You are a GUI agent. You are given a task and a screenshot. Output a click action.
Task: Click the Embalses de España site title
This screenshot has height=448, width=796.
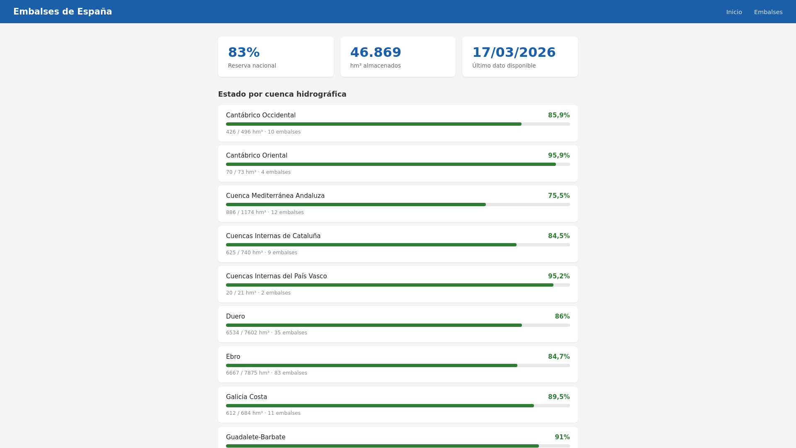pos(63,12)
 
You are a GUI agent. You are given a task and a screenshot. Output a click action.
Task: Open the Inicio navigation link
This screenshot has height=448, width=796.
pos(734,12)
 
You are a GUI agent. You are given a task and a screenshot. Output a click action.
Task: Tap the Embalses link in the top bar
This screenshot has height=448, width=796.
pos(768,12)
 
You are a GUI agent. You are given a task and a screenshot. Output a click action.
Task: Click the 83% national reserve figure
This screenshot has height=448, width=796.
pos(244,52)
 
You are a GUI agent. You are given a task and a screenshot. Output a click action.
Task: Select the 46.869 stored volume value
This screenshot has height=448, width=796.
pos(375,52)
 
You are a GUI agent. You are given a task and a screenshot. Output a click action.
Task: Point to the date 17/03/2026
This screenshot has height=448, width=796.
pos(513,52)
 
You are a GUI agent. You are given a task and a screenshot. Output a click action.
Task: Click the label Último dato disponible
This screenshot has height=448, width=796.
pos(504,66)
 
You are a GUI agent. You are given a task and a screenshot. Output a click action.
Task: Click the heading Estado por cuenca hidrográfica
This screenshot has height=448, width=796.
pos(282,94)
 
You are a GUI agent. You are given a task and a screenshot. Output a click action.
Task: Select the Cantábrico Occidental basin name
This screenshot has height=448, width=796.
pos(260,115)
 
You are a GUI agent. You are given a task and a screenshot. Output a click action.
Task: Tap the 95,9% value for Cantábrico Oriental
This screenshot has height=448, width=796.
pos(558,156)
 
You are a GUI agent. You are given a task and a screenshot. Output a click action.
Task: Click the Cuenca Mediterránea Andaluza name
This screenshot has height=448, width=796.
pos(275,196)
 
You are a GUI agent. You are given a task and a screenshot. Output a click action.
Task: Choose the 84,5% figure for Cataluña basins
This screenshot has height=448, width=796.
pos(558,236)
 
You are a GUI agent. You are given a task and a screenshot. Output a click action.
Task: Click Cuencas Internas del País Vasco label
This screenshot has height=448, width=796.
pos(276,276)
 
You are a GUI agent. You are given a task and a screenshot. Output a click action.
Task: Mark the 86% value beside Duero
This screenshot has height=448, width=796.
pos(562,317)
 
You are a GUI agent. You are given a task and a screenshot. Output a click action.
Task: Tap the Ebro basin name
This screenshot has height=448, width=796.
pos(233,357)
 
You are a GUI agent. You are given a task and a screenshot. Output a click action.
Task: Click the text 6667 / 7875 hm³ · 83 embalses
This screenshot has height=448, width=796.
pos(266,373)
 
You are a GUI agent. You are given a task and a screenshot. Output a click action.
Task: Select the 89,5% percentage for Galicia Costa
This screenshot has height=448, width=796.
pos(558,397)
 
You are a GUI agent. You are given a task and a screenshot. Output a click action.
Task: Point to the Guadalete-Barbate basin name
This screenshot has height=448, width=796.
pos(255,437)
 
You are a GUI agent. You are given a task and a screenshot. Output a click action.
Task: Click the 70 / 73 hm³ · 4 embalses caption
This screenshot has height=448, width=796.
pos(258,172)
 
